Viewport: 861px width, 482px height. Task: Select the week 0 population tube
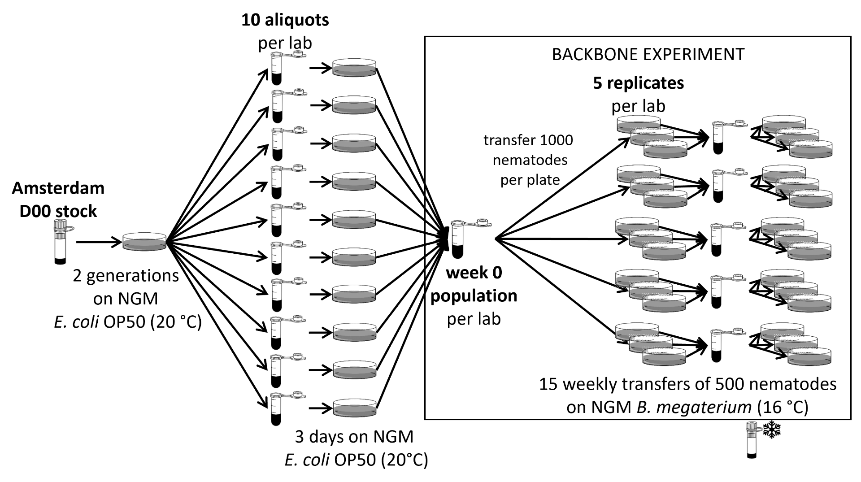coord(457,240)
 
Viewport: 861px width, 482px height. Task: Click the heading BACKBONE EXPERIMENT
coord(648,55)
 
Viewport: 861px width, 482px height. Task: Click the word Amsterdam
coord(58,188)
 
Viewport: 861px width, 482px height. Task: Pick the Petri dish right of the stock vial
coord(144,241)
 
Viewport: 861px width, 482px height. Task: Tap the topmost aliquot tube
coord(277,68)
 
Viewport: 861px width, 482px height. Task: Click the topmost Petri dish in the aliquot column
coord(354,68)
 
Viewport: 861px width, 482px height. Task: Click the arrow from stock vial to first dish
coord(99,243)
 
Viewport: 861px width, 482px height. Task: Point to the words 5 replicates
coord(638,83)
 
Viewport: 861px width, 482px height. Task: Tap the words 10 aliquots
coord(285,20)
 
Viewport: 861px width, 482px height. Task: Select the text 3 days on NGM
coord(354,436)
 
